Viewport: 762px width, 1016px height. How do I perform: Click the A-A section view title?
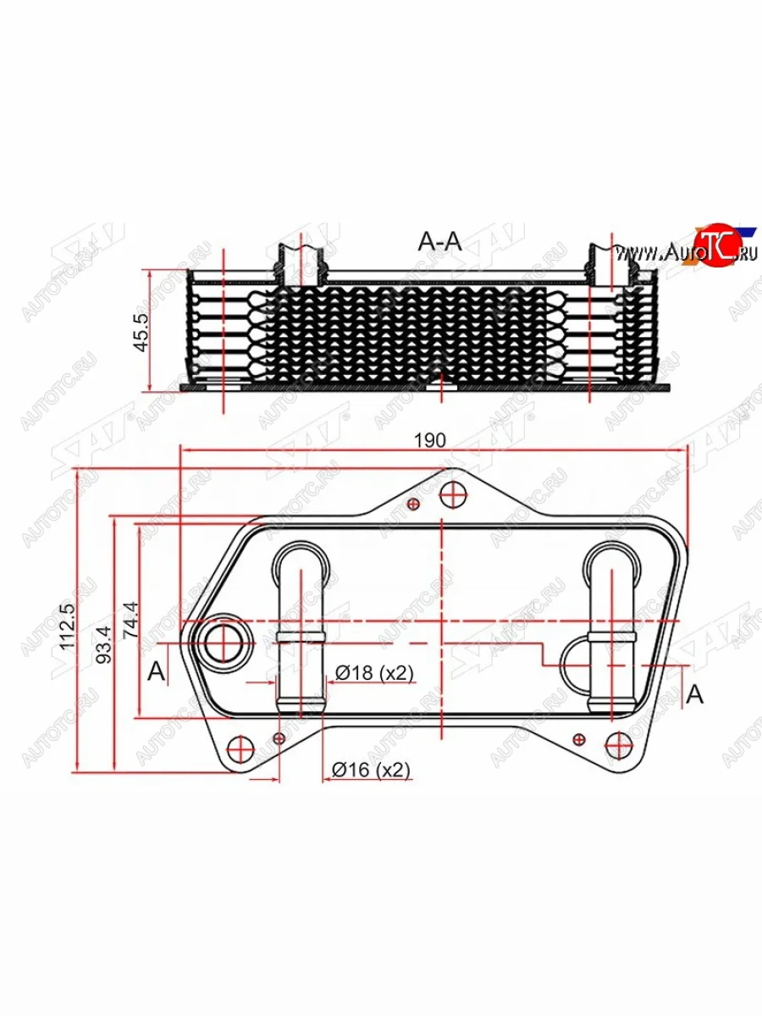tap(439, 241)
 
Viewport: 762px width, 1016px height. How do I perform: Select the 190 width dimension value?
tap(429, 441)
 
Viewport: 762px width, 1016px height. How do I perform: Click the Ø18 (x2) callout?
tap(373, 673)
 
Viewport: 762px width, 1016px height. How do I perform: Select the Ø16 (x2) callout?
tap(371, 770)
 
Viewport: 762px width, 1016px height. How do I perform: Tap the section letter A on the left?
tap(156, 672)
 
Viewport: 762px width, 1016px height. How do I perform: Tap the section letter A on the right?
tap(694, 694)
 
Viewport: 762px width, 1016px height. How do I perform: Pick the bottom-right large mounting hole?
tap(618, 745)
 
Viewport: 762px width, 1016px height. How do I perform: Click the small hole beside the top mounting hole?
tap(413, 505)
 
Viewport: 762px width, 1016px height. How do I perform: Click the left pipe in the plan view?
tap(300, 627)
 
